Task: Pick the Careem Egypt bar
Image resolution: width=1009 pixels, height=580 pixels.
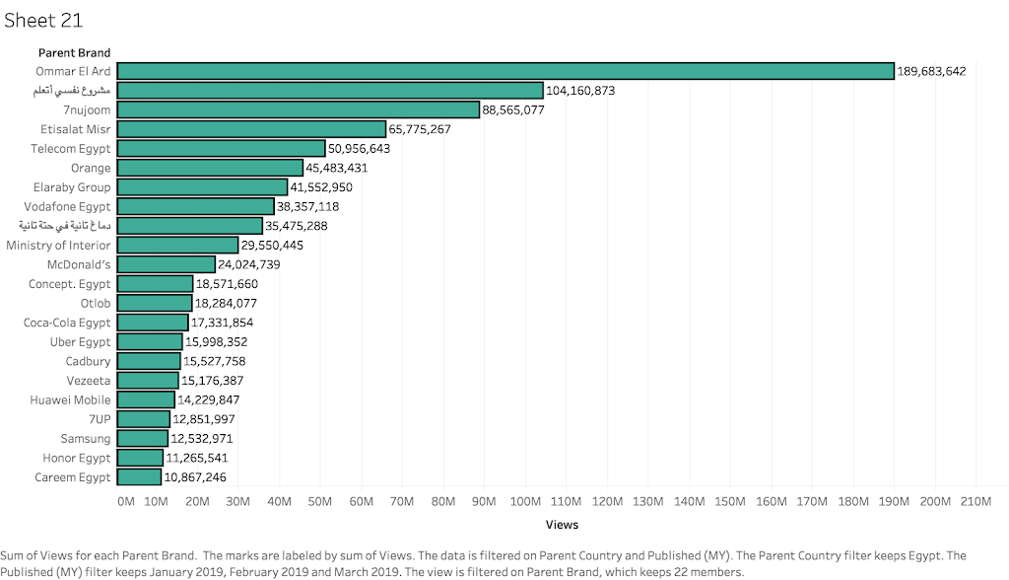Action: coord(139,477)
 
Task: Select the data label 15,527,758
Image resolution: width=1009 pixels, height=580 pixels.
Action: coord(214,362)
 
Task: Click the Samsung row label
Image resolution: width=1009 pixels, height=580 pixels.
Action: coord(86,439)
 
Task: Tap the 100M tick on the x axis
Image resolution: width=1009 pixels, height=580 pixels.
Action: coord(525,502)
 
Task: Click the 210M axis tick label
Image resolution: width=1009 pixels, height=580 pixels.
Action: coord(975,502)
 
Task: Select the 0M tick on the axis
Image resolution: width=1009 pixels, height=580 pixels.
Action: coord(125,502)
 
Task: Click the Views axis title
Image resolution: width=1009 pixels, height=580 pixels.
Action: coord(562,525)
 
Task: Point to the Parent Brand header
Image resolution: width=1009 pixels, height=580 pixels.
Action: coord(75,52)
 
